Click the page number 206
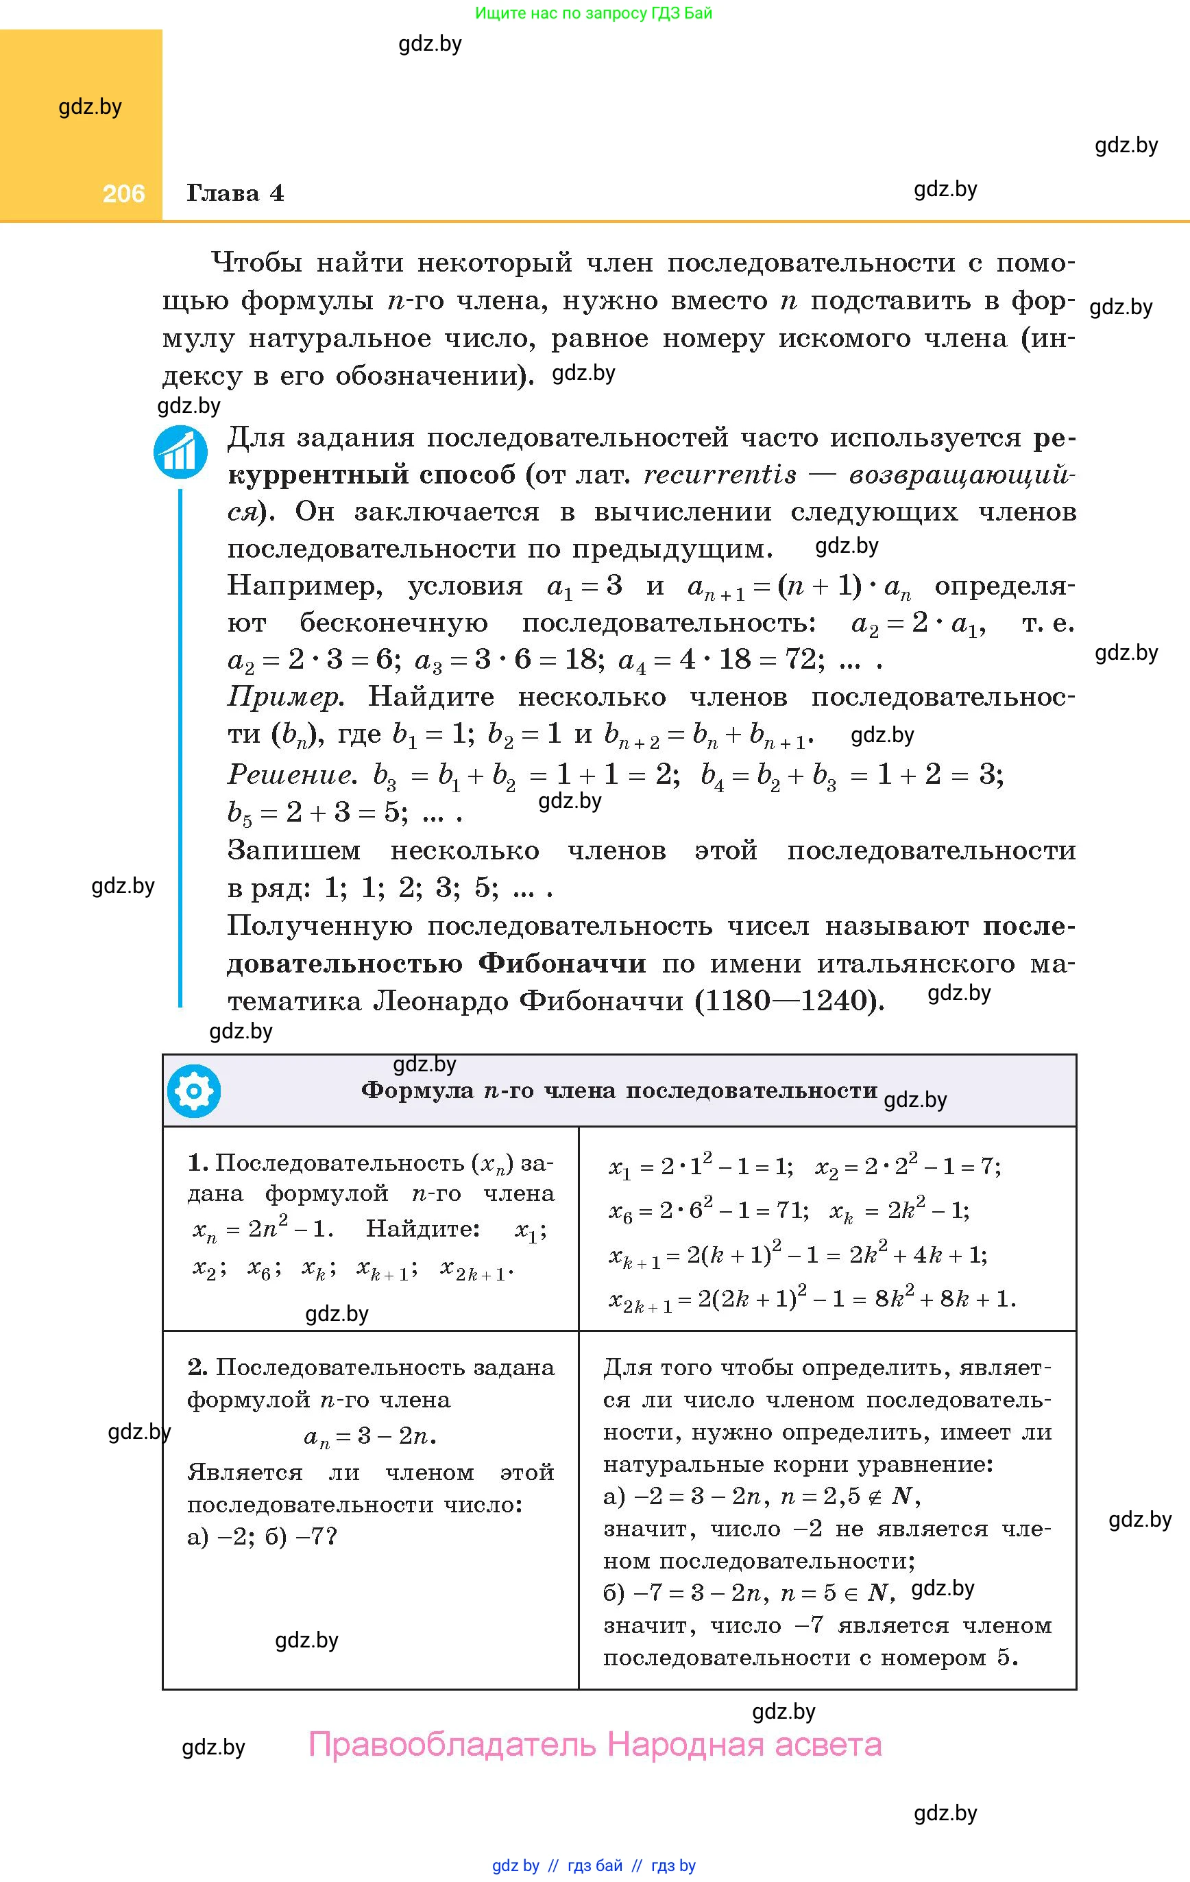(x=123, y=194)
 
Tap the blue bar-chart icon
(x=180, y=452)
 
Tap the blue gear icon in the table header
(x=194, y=1091)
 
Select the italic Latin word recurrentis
(x=720, y=475)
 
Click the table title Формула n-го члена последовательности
(x=619, y=1091)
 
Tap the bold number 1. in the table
(x=197, y=1163)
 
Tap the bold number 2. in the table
(x=197, y=1367)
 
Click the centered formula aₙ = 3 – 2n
(x=369, y=1436)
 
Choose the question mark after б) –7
(x=330, y=1536)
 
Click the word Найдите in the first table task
(x=423, y=1228)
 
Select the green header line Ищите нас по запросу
(x=593, y=13)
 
